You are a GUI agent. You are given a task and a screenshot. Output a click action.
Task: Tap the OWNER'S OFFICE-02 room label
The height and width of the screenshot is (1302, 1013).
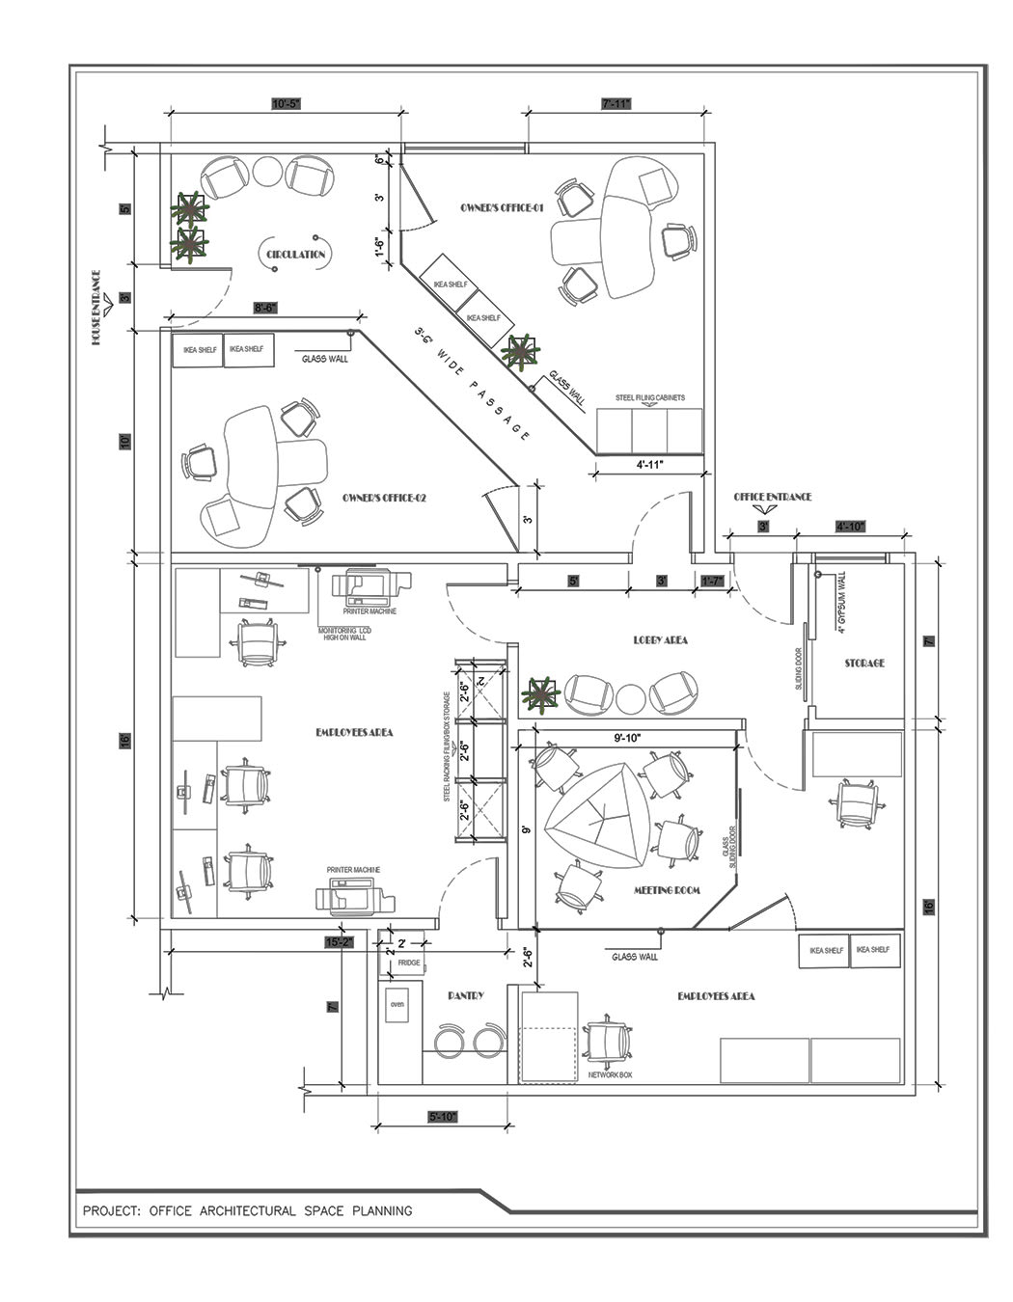[x=384, y=499]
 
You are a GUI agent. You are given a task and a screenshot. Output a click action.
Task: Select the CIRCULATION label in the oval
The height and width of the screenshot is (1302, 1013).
[x=296, y=255]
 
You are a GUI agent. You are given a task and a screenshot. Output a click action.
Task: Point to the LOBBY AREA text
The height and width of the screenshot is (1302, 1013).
[x=660, y=639]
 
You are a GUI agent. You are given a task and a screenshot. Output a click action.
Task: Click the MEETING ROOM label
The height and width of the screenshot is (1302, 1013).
[x=667, y=890]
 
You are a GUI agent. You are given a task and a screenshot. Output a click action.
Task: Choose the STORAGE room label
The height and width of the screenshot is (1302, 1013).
[x=863, y=664]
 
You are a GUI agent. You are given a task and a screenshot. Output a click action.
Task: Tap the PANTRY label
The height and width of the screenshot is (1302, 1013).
[x=465, y=995]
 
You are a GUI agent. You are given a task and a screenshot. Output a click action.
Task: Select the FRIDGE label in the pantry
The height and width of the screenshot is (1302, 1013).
[x=408, y=963]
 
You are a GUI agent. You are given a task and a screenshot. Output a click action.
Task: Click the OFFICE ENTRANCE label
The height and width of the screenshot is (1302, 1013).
[x=772, y=498]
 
